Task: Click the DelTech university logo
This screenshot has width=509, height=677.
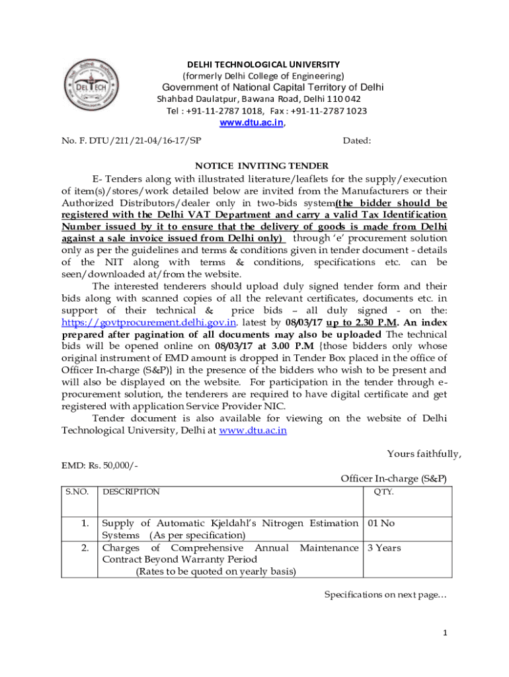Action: (x=92, y=86)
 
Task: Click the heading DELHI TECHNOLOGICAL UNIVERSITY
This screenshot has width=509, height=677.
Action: (x=263, y=64)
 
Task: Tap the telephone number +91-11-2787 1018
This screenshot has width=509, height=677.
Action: (x=225, y=110)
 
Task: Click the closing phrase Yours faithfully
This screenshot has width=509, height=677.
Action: (x=424, y=454)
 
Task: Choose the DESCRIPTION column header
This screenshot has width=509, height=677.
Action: (x=131, y=492)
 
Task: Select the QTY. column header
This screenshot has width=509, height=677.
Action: (x=384, y=492)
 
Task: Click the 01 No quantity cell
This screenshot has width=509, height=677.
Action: (x=381, y=523)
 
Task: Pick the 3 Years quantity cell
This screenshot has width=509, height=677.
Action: (x=384, y=547)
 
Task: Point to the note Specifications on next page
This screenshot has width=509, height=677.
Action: (x=385, y=595)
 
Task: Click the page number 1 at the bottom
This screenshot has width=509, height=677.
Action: (x=446, y=633)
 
